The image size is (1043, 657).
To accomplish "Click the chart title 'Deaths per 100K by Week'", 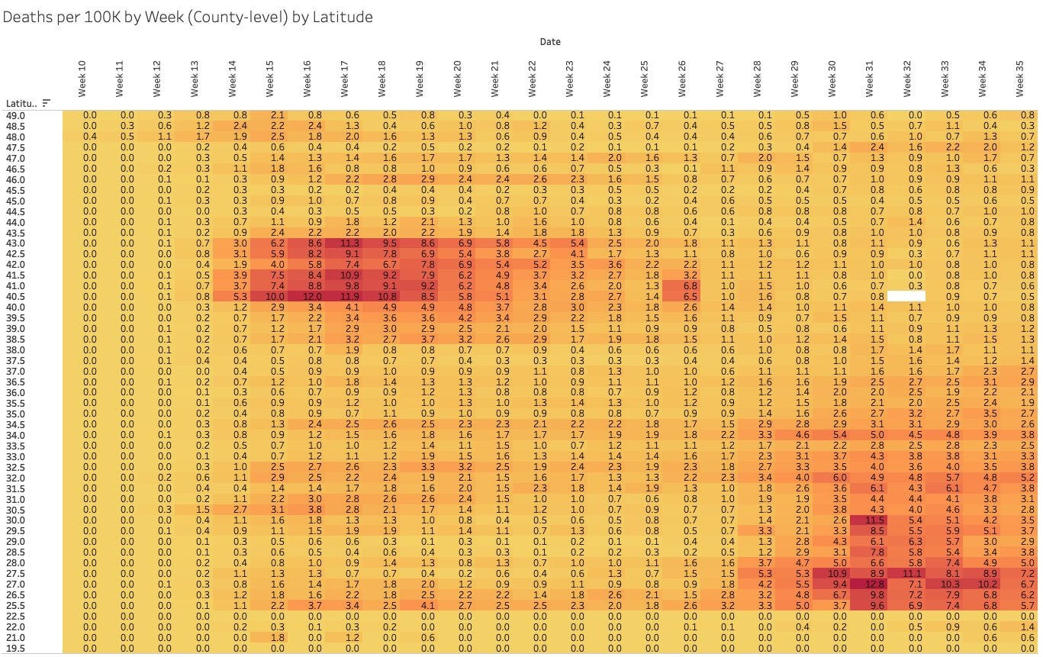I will coord(187,17).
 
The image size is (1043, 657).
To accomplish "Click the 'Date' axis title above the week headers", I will coord(550,42).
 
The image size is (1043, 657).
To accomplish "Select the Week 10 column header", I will coord(82,79).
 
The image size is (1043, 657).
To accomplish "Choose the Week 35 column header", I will coord(1020,79).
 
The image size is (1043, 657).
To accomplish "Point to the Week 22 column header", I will coord(533,79).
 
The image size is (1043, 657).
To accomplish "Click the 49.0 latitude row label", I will coord(16,115).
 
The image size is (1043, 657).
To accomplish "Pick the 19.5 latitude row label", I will coord(16,649).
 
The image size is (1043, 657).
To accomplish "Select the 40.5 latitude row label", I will coord(16,296).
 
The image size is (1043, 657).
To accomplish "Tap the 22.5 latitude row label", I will coord(16,617).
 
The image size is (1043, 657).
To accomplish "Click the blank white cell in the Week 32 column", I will coord(907,296).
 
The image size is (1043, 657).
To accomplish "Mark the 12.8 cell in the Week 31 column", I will coord(870,585).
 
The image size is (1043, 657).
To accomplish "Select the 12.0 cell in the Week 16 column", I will coord(307,296).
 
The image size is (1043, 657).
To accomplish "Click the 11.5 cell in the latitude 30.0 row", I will coord(870,520).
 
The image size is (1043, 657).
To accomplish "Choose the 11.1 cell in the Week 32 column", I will coord(907,574).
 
